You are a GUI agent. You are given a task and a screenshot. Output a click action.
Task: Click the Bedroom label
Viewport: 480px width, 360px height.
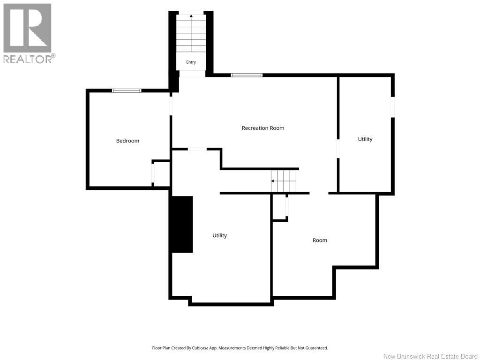[127, 141]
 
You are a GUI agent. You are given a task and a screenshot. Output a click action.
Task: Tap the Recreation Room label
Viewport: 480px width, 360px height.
[263, 128]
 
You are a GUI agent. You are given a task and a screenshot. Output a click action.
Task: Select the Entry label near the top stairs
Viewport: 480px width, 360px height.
[191, 62]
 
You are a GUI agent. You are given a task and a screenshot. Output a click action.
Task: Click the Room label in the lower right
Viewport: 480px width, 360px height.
[320, 240]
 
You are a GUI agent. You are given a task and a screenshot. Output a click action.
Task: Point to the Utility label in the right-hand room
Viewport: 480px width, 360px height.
[365, 139]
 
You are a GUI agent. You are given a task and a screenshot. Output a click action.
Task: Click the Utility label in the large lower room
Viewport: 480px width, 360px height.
[220, 235]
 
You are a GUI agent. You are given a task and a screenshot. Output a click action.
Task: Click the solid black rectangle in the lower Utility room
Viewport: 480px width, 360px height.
[182, 225]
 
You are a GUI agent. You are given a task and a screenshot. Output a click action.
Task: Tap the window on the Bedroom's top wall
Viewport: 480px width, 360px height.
[127, 90]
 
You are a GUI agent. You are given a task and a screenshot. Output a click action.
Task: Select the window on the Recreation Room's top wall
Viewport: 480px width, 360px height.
[247, 75]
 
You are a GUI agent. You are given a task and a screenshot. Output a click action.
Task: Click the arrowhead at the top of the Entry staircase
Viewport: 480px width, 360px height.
[191, 16]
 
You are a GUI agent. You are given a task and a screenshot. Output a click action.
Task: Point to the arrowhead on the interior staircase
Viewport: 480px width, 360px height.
[272, 181]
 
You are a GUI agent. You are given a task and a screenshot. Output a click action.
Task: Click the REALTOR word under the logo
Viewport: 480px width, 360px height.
[28, 59]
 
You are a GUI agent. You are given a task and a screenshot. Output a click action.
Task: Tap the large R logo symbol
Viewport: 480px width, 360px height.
[27, 28]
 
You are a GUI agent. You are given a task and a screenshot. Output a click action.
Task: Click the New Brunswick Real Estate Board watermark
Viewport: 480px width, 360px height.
[430, 356]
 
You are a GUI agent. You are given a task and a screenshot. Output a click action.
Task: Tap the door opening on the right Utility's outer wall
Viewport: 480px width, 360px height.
[393, 107]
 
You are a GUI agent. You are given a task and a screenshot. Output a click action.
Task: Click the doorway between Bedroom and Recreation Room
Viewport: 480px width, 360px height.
[171, 104]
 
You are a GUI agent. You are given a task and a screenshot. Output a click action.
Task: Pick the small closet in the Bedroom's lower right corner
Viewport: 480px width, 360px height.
[161, 173]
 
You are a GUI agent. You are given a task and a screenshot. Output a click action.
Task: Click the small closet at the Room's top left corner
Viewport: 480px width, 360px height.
[279, 207]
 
